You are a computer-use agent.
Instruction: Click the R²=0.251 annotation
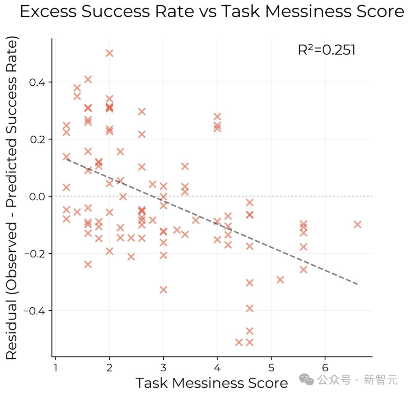(326, 50)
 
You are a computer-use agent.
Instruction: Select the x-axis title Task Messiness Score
(212, 383)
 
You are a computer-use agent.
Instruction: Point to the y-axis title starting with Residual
(12, 198)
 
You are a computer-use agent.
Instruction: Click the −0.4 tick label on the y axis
(35, 311)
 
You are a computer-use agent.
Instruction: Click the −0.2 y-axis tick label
(35, 254)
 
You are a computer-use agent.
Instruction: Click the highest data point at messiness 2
(110, 53)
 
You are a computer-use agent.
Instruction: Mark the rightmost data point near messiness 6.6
(357, 224)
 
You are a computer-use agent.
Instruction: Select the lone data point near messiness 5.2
(280, 280)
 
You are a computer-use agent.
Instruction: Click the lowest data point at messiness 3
(163, 289)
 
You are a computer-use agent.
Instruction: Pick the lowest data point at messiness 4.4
(239, 342)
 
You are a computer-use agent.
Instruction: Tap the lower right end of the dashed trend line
(357, 284)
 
